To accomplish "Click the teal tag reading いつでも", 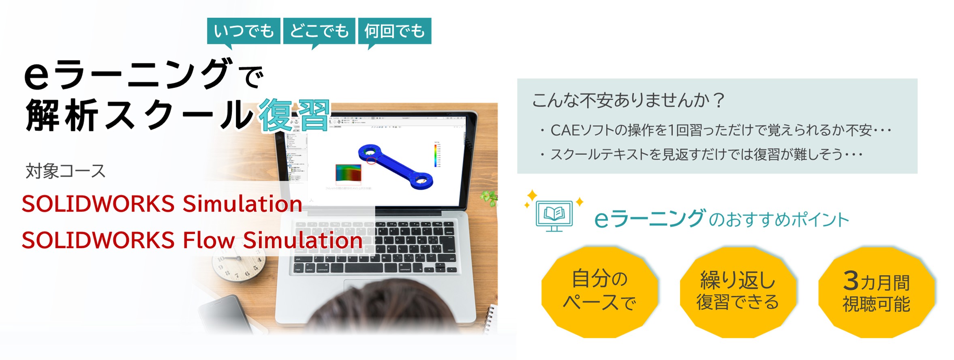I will click(244, 31).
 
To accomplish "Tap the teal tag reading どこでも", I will click(319, 31).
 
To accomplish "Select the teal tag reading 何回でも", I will click(394, 31).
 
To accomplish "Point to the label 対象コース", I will click(65, 171).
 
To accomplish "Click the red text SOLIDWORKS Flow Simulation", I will click(192, 240).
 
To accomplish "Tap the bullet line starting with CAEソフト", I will click(715, 130).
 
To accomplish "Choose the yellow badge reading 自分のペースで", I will click(599, 291).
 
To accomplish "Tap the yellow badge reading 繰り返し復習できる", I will click(738, 291).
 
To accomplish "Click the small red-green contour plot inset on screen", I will click(348, 173).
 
